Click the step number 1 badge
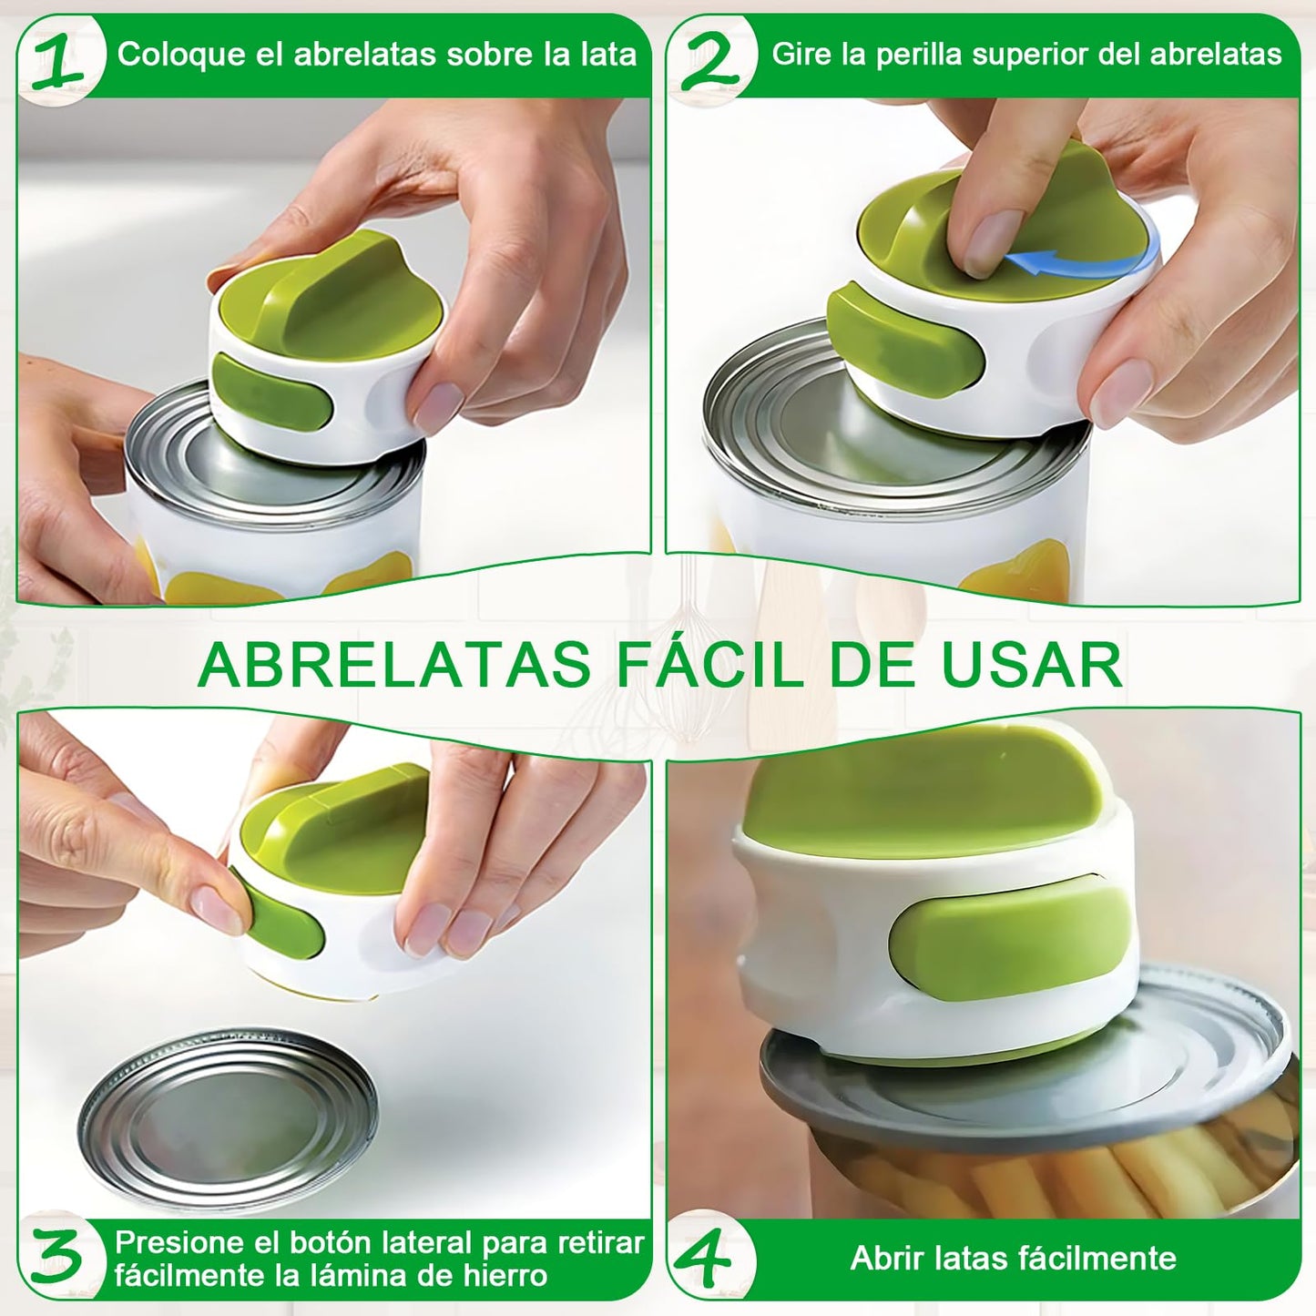point(61,60)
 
